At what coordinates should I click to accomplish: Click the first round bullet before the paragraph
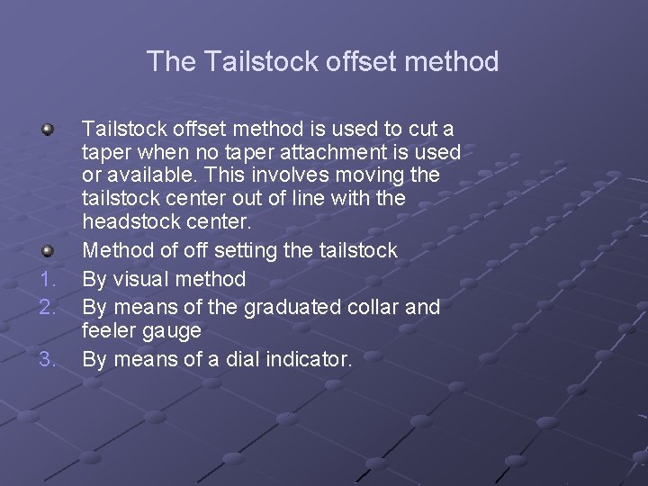(47, 130)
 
